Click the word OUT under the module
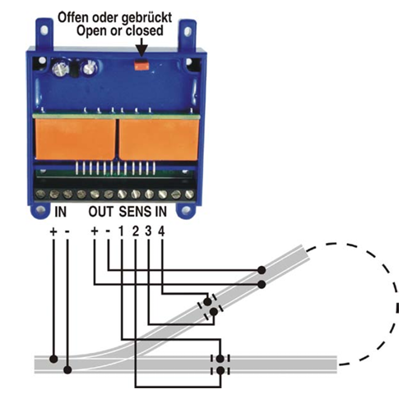pos(100,212)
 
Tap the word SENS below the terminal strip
pos(135,212)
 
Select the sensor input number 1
pos(121,231)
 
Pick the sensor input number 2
pos(136,231)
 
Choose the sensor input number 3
pos(148,231)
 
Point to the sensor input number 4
pos(161,231)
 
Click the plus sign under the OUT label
pos(95,231)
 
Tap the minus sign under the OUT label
pos(109,231)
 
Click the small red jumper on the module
pos(141,65)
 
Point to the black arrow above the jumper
pos(141,47)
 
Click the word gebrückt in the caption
pos(146,18)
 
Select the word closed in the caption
pos(145,30)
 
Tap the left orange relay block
pos(76,139)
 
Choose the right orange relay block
pos(159,140)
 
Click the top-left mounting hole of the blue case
pos(44,30)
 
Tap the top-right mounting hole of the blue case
pos(188,31)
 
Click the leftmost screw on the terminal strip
pos(41,195)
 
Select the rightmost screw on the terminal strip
pos(189,195)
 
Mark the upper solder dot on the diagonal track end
pos(262,270)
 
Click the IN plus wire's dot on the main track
pos(53,359)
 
